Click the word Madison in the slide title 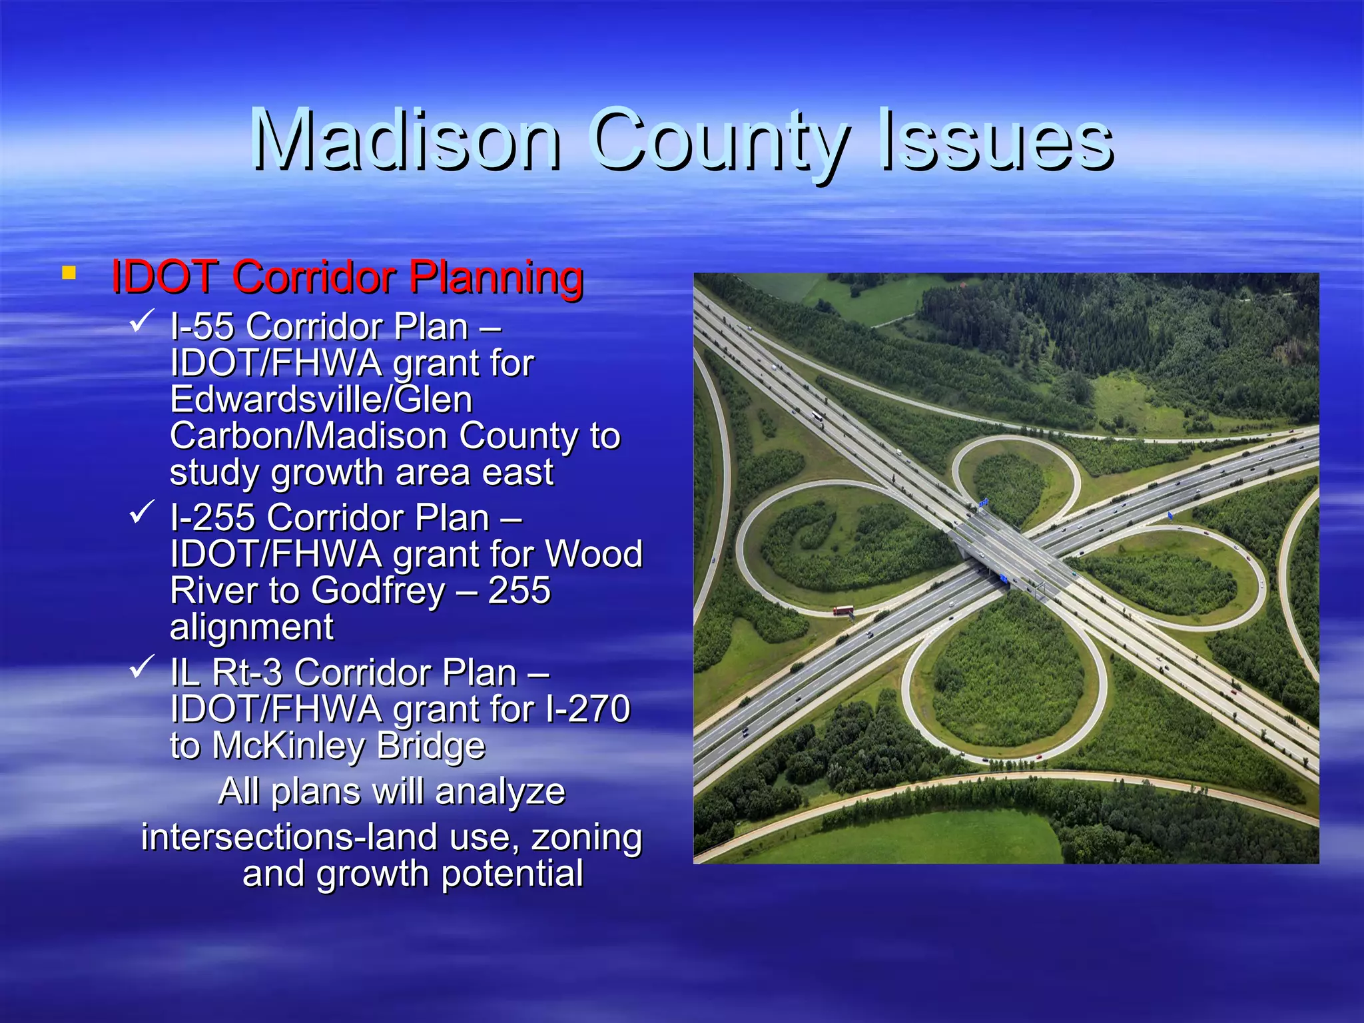406,140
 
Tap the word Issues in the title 996,140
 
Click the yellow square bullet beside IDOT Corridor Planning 68,272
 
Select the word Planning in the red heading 496,277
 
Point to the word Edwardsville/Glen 321,400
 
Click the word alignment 252,627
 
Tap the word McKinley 289,746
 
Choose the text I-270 587,709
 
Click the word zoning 587,838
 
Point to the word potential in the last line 512,874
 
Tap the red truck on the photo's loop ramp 843,610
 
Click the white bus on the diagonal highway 817,417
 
